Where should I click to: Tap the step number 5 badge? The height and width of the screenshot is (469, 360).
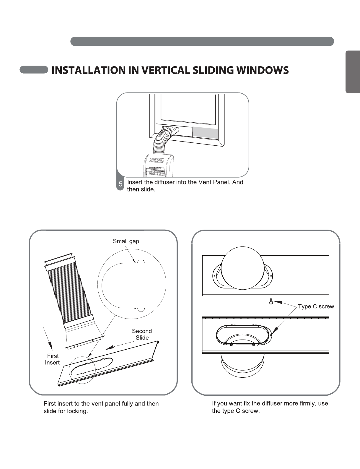pyautogui.click(x=120, y=184)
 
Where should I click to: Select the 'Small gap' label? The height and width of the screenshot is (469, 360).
pyautogui.click(x=126, y=241)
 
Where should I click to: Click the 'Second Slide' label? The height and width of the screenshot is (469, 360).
pyautogui.click(x=142, y=334)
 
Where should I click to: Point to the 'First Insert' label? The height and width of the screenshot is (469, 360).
pyautogui.click(x=52, y=359)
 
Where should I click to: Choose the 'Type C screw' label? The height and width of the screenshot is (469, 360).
pyautogui.click(x=316, y=306)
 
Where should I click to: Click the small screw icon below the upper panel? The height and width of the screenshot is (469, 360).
pyautogui.click(x=271, y=302)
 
